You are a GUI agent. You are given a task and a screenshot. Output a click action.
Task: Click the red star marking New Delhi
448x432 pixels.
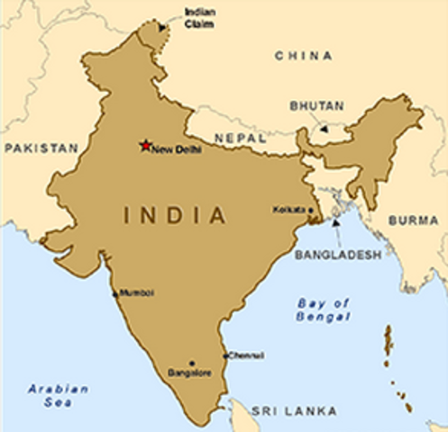[x=144, y=145]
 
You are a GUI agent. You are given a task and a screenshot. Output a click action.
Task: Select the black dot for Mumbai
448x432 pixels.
[x=115, y=294]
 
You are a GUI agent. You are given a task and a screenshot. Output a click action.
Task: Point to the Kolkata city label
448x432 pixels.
[x=288, y=210]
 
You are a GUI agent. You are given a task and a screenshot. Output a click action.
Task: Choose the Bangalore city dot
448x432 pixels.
[x=191, y=363]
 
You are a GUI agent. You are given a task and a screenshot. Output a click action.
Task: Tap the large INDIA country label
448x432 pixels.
[x=175, y=216]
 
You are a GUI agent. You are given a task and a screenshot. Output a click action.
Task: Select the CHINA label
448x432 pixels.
[x=304, y=56]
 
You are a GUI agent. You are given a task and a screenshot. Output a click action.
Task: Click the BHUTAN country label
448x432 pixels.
[x=316, y=105]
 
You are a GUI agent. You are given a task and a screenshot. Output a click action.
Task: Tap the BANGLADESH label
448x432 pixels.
[x=338, y=256]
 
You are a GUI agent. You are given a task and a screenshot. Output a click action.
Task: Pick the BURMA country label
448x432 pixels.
[x=414, y=220]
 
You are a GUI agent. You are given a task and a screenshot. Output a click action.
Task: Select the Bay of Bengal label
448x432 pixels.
[x=324, y=310]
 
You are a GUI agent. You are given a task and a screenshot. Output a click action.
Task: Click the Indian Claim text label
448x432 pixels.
[x=199, y=17]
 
